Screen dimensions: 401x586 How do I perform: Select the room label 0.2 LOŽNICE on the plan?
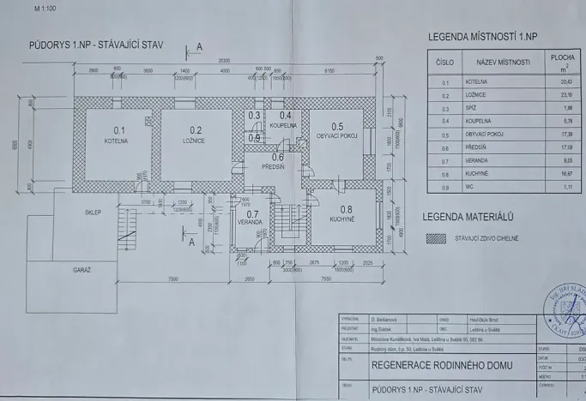coord(194,135)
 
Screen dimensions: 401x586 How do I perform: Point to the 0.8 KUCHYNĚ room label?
coord(345,213)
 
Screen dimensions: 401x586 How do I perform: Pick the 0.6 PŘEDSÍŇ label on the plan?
coord(277,161)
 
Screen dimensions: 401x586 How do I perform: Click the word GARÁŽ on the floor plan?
coord(82,269)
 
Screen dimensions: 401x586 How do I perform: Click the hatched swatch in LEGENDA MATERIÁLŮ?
coord(438,239)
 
